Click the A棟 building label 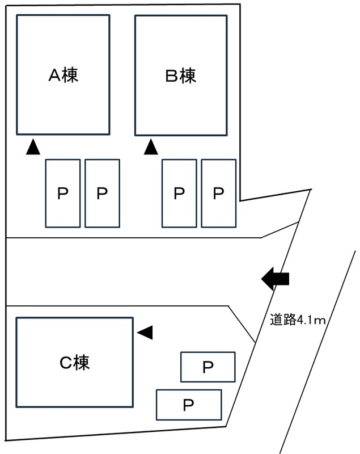click(x=63, y=75)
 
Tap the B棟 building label click(x=180, y=75)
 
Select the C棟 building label click(x=75, y=363)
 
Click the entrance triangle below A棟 click(x=33, y=148)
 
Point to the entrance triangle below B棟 click(x=151, y=148)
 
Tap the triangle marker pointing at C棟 click(x=146, y=333)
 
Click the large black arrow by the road click(x=276, y=279)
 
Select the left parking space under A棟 click(x=62, y=194)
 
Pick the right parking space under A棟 click(x=102, y=194)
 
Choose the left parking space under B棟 click(x=179, y=194)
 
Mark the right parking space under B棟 click(x=219, y=194)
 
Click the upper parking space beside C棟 click(x=207, y=367)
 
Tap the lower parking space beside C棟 click(x=188, y=405)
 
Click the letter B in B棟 click(x=171, y=75)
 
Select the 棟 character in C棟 click(x=82, y=363)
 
